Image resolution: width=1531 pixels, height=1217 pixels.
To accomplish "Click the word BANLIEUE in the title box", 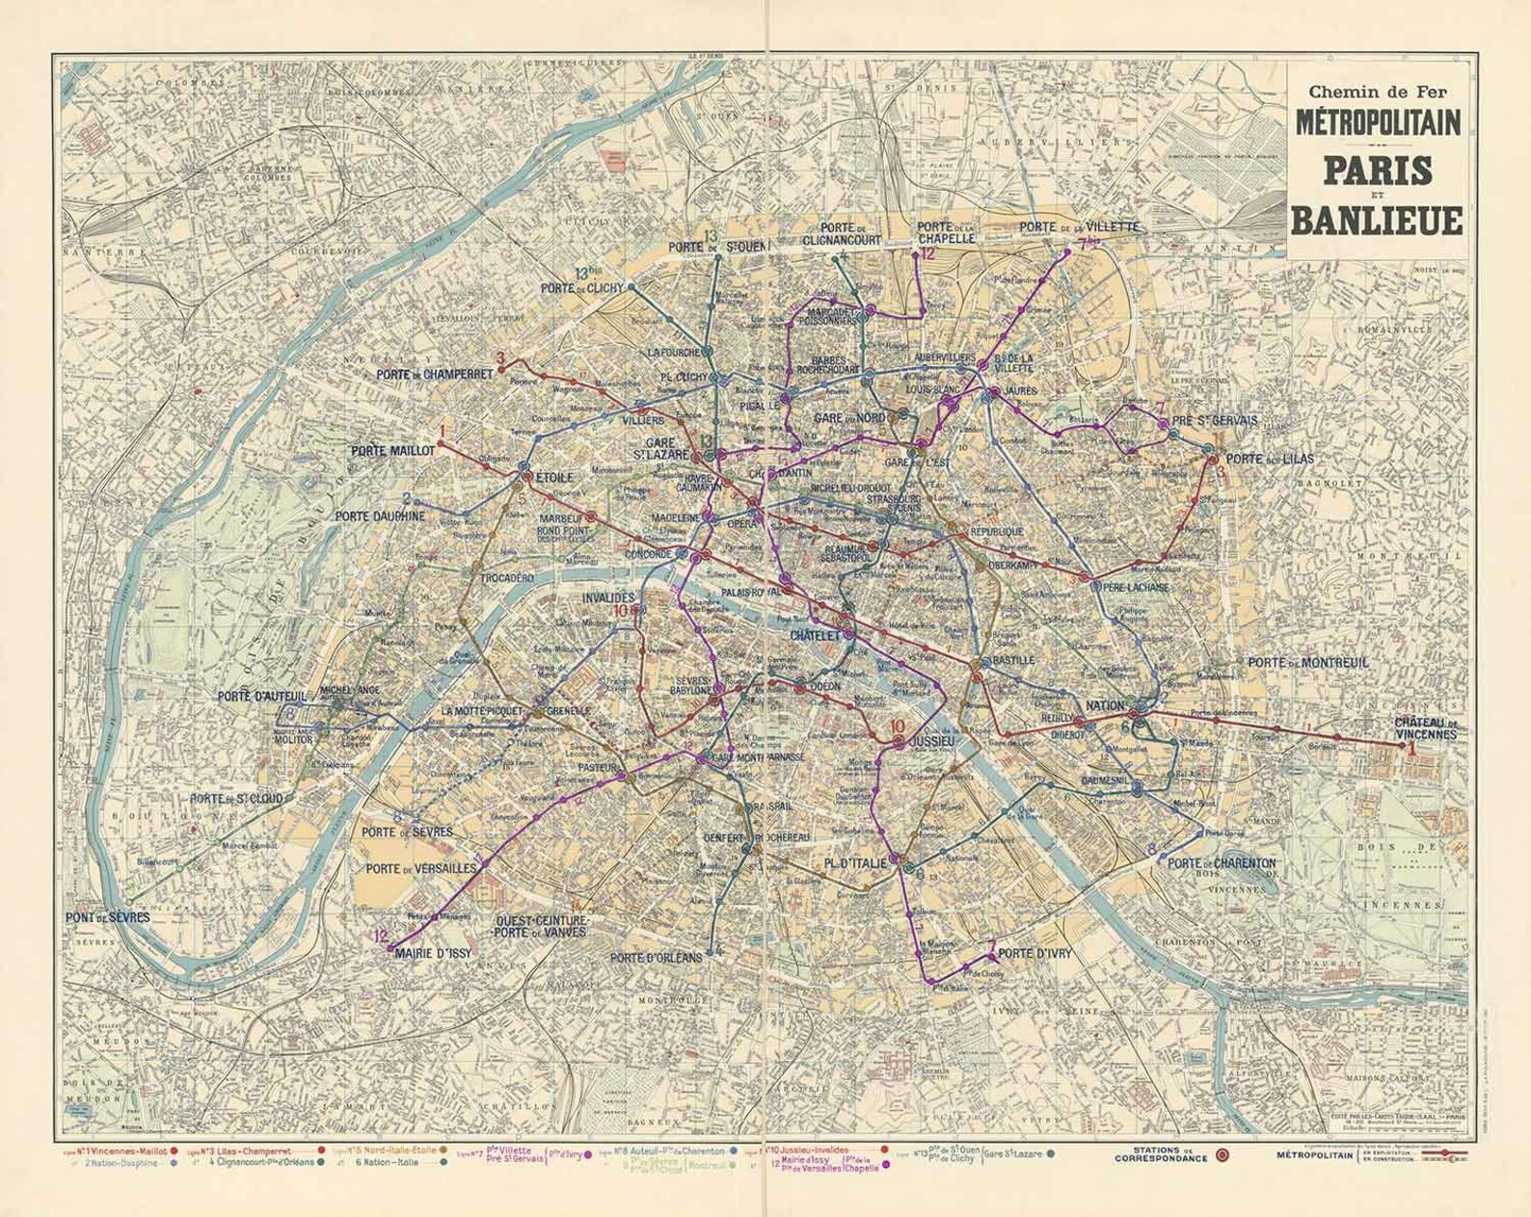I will (1376, 220).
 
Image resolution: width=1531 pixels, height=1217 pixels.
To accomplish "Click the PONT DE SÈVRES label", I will (108, 917).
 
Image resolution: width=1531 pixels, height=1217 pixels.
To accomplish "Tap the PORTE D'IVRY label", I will (1034, 954).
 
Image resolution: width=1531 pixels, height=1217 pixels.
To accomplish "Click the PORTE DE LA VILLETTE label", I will (1080, 227).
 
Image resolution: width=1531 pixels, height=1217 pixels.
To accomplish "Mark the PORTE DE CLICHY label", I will (581, 288).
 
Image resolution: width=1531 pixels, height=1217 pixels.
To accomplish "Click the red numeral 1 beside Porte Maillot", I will (443, 432).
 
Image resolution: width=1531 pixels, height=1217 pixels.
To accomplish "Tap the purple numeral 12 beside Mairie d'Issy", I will (381, 936).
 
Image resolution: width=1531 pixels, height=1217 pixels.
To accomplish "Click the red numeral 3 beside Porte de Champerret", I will (500, 358).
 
